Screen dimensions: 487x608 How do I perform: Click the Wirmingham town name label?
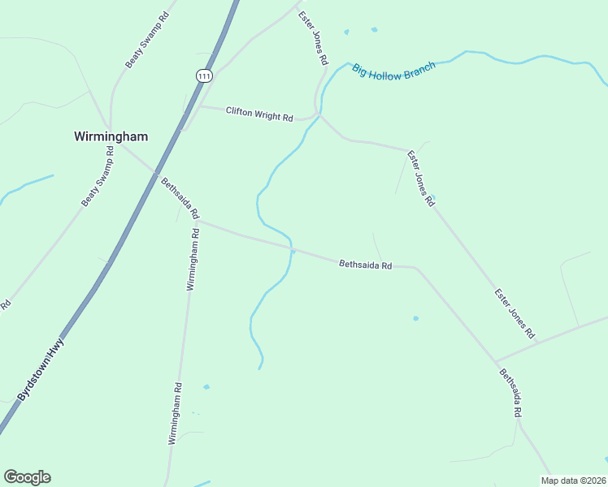110,136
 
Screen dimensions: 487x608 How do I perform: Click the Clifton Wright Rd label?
259,114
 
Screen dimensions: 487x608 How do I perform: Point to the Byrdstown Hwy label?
41,369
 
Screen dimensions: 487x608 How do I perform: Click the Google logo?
27,477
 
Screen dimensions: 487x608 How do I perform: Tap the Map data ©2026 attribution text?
572,481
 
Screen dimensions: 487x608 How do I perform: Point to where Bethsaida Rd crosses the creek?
291,248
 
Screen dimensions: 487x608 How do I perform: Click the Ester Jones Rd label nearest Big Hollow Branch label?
312,38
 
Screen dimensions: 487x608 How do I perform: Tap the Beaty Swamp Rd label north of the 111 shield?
147,39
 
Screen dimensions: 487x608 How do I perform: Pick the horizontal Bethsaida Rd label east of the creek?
366,265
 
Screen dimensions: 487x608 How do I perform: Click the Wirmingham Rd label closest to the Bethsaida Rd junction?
193,259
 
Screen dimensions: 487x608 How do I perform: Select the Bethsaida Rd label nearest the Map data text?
510,393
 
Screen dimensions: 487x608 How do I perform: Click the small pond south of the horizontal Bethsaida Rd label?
415,318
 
